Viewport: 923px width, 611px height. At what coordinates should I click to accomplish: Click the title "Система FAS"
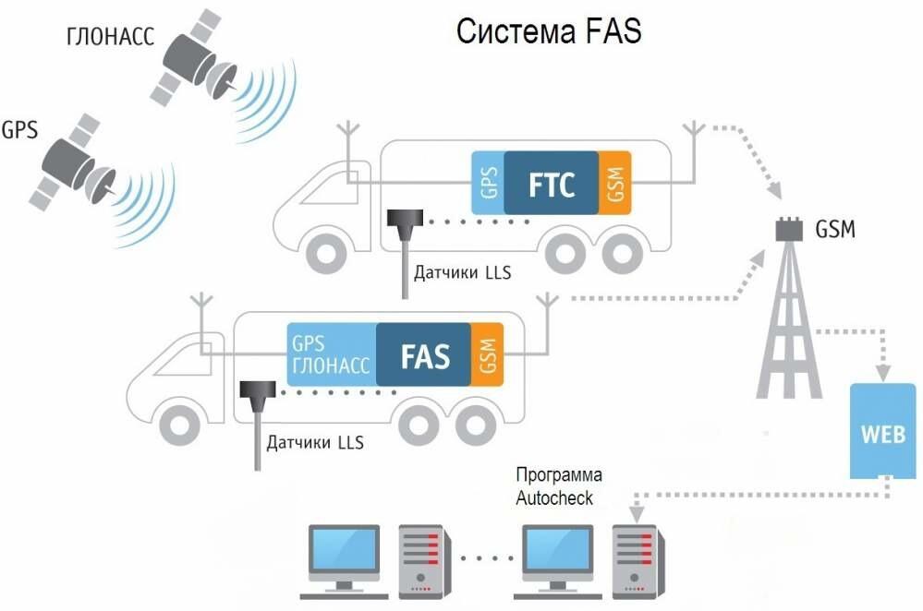pos(549,31)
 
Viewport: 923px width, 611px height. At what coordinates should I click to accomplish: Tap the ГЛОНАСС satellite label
pos(110,37)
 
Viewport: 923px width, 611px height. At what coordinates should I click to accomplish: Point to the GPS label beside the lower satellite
pos(19,129)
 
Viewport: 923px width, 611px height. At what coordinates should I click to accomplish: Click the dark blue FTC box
pos(551,183)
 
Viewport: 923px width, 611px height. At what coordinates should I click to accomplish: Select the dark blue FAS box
pos(424,354)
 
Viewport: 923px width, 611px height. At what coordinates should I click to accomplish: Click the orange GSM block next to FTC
pos(614,183)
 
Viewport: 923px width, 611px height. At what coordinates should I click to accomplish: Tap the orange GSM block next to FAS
pos(488,354)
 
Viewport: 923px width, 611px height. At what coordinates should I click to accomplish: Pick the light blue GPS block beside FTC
pos(488,183)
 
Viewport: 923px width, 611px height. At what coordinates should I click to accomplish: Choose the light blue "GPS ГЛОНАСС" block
pos(332,354)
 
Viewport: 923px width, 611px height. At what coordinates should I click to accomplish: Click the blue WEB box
pos(883,431)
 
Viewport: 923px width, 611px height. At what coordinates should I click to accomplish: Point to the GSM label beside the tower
pos(835,229)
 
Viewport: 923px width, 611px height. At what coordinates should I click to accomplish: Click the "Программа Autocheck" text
pos(559,486)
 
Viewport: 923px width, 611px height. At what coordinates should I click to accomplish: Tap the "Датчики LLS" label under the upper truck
pos(462,272)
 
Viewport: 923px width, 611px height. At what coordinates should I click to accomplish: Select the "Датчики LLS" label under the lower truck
pos(315,442)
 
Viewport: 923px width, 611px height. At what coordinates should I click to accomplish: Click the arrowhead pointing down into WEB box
pos(883,373)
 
